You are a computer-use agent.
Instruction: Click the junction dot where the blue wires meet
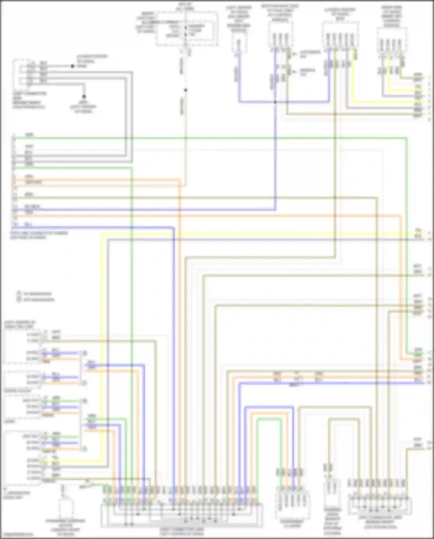pos(275,102)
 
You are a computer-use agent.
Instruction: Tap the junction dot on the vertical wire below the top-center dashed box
pos(185,90)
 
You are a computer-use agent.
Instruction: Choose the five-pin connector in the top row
pos(340,36)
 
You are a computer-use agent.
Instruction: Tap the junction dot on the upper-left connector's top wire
pos(72,66)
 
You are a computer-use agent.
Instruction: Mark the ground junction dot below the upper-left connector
pos(84,96)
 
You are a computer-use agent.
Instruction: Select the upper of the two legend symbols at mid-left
pos(19,293)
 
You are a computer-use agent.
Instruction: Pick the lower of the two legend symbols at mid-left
pos(19,299)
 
